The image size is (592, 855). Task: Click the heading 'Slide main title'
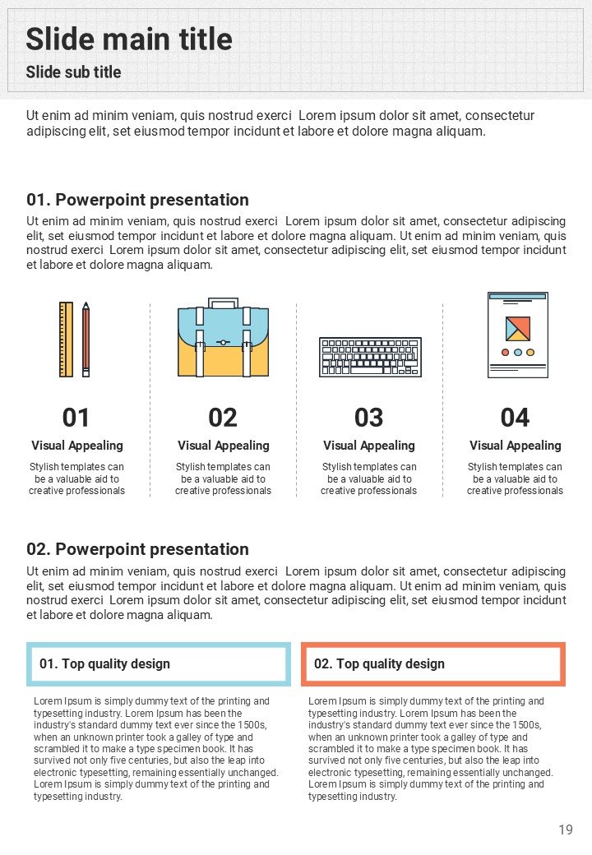click(x=129, y=39)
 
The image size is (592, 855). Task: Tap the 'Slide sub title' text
click(x=73, y=72)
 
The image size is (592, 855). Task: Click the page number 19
click(x=566, y=830)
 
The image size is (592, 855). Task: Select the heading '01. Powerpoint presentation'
click(x=137, y=200)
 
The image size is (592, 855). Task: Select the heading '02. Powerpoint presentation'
click(x=137, y=549)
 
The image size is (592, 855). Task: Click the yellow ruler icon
click(x=66, y=340)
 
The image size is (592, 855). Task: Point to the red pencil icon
click(x=86, y=340)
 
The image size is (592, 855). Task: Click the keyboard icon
click(x=370, y=357)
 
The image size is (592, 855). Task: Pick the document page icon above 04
click(x=517, y=335)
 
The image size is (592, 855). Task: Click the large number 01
click(x=76, y=418)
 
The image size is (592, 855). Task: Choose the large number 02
click(x=223, y=418)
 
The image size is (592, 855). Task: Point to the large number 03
click(x=369, y=418)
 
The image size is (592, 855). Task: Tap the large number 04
click(x=515, y=418)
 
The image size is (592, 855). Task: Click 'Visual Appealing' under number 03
click(x=369, y=446)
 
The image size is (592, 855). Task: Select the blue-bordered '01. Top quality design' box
click(x=159, y=663)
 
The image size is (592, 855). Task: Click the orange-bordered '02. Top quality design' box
click(x=433, y=663)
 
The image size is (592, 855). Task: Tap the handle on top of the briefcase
click(x=223, y=303)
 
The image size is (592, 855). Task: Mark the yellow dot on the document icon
click(x=530, y=352)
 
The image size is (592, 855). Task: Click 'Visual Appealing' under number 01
click(x=77, y=446)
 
